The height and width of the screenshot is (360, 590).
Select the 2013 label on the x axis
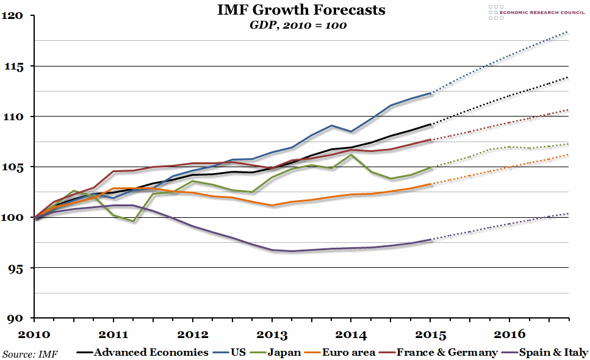click(x=272, y=334)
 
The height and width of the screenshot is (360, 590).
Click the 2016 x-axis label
click(x=509, y=334)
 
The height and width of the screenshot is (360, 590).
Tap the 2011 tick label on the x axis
click(x=113, y=334)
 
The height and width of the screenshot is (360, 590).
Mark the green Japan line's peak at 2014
click(x=351, y=155)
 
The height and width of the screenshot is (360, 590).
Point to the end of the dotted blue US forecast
click(x=568, y=32)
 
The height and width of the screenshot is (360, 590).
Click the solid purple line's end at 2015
click(x=431, y=240)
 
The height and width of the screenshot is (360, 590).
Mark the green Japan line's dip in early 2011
click(x=133, y=221)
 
